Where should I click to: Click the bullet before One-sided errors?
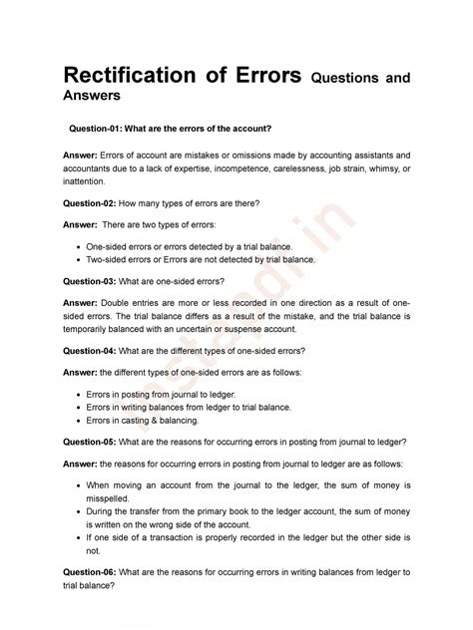[78, 245]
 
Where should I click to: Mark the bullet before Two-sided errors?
[78, 259]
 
